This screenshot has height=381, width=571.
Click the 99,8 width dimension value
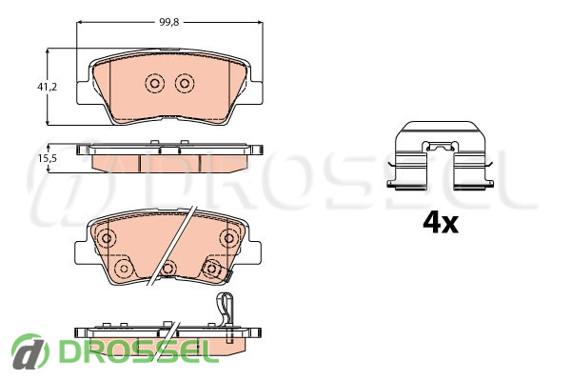[x=169, y=22]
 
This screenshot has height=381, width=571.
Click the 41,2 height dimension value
[x=47, y=87]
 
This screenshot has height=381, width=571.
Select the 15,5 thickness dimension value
[x=48, y=158]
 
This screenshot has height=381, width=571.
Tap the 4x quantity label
[x=441, y=223]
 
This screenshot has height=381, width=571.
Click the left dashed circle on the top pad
[x=154, y=84]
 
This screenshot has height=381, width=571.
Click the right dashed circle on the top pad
[x=185, y=84]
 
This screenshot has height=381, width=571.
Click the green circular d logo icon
[x=30, y=351]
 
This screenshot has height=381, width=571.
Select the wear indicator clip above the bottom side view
[x=226, y=309]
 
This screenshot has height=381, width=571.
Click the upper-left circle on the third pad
[x=107, y=238]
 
